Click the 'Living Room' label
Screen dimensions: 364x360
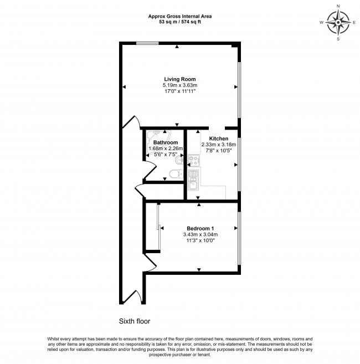point(179,79)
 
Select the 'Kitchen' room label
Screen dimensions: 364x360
point(218,138)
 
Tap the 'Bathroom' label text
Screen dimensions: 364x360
point(165,142)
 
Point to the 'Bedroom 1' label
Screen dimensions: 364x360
point(200,229)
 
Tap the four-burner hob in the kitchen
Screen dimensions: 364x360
point(194,160)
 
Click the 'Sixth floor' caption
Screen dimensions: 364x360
point(135,321)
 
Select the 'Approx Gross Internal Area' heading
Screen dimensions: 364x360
point(179,17)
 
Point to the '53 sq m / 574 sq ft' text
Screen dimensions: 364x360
point(179,23)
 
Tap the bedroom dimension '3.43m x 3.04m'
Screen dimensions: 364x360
point(200,235)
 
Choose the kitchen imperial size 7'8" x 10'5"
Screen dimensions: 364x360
point(218,150)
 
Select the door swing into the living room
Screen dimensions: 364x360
point(131,123)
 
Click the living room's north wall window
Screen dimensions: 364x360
point(146,43)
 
